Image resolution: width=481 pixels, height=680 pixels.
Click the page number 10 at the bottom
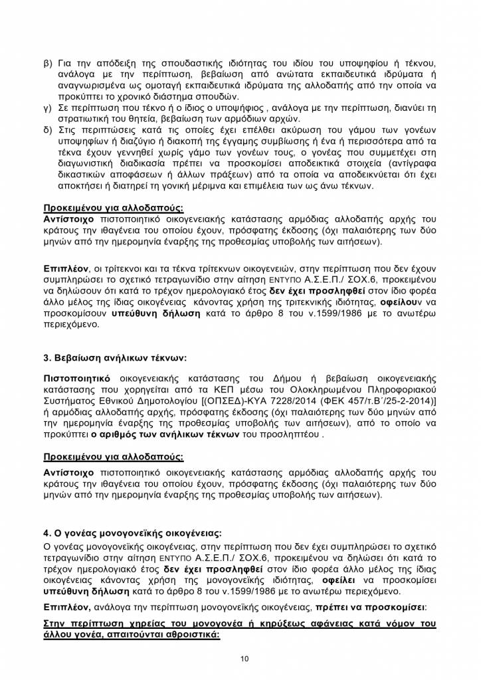244,658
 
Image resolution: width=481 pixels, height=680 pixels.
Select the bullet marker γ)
48,108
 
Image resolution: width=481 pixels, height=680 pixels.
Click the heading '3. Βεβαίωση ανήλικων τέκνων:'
111,359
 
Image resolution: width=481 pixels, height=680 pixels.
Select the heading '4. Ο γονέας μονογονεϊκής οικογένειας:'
132,533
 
